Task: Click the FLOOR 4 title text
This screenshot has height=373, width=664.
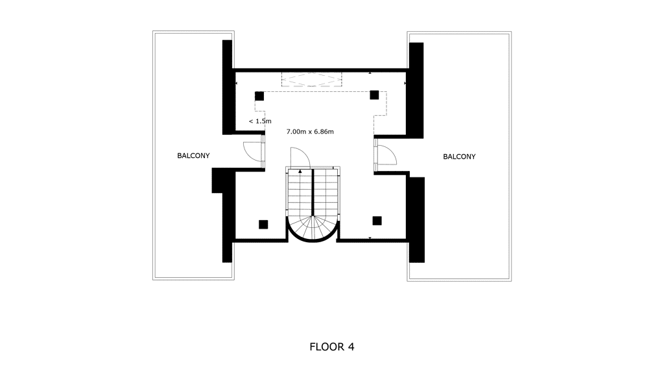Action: pyautogui.click(x=331, y=347)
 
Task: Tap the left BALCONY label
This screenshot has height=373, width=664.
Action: pyautogui.click(x=193, y=155)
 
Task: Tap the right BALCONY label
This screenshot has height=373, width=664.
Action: pyautogui.click(x=459, y=157)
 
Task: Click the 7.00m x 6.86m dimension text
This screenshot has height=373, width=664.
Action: pyautogui.click(x=310, y=131)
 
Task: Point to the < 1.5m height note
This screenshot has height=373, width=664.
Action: pyautogui.click(x=260, y=121)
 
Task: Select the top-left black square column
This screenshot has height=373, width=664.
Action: pyautogui.click(x=259, y=96)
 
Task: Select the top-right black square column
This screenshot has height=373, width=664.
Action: pyautogui.click(x=374, y=95)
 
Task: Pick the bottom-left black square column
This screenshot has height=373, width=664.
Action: pyautogui.click(x=263, y=225)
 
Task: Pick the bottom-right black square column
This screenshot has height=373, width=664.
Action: pyautogui.click(x=377, y=221)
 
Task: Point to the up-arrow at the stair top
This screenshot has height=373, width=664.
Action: pyautogui.click(x=300, y=171)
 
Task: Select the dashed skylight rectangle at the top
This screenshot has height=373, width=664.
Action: pyautogui.click(x=312, y=80)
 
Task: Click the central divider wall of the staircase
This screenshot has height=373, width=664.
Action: pyautogui.click(x=313, y=192)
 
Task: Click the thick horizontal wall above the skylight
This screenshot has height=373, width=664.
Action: pyautogui.click(x=320, y=70)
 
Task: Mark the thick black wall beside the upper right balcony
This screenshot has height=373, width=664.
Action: pyautogui.click(x=416, y=91)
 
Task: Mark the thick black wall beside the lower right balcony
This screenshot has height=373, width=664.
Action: pyautogui.click(x=417, y=220)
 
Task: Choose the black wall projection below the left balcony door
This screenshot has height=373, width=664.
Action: pyautogui.click(x=218, y=181)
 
